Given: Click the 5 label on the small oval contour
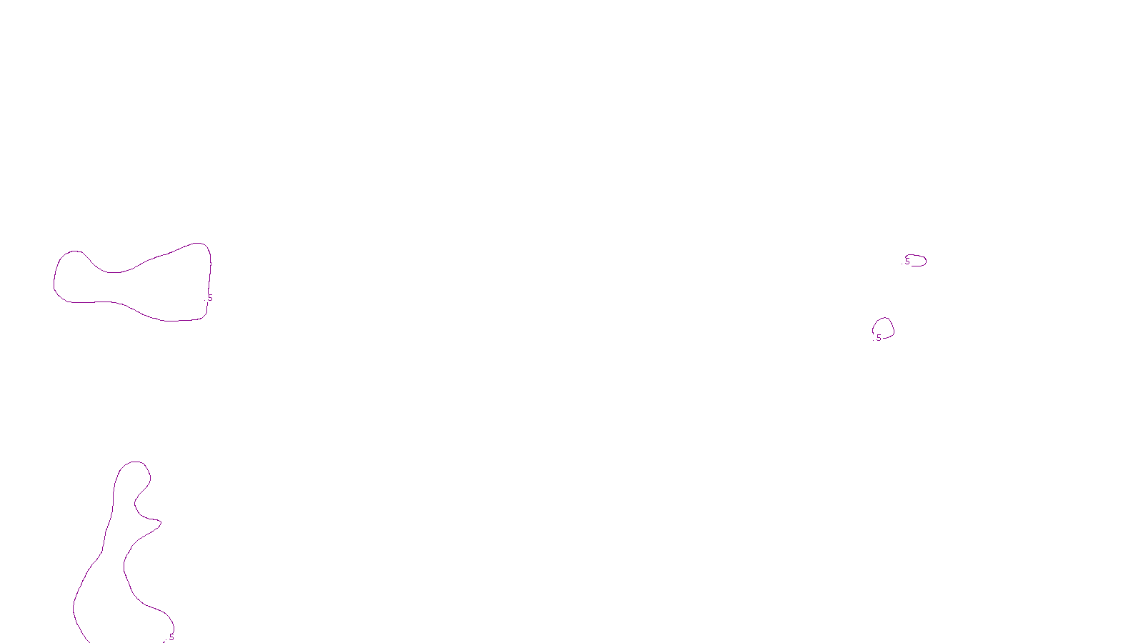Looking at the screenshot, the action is (907, 261).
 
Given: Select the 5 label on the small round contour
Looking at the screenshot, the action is (879, 338).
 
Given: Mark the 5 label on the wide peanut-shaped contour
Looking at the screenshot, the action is (210, 298).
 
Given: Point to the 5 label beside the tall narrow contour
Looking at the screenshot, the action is (171, 637).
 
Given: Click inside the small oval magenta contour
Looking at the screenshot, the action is (917, 261).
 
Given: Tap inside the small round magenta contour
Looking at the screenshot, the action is (884, 328).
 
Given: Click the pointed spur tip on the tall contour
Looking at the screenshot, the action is (160, 523).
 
